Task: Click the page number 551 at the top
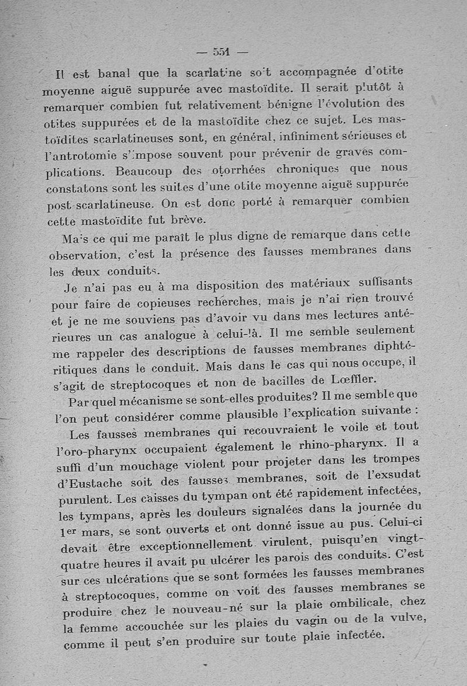(x=221, y=51)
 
